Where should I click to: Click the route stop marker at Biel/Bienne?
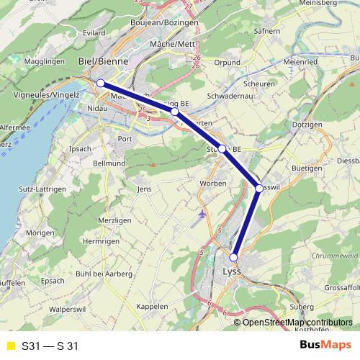click(101, 84)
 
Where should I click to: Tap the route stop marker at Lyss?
click(233, 257)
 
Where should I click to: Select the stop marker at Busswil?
click(259, 188)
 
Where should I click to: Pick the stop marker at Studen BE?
click(222, 149)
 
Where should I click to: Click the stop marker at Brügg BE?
click(174, 112)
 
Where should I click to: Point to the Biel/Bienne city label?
click(102, 62)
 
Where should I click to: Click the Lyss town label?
click(230, 272)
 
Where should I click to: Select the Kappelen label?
click(152, 306)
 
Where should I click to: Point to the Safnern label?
click(266, 32)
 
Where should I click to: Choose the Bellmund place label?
click(109, 164)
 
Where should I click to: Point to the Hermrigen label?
click(101, 242)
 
